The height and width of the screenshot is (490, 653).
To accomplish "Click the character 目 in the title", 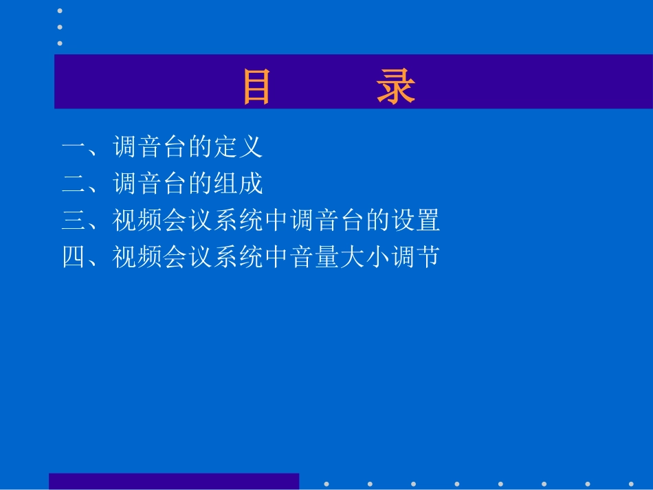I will point(257,88).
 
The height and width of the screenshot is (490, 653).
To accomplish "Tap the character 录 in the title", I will point(396,88).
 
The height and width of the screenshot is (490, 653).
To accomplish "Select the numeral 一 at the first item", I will point(74,147).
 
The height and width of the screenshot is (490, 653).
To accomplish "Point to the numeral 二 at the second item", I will point(74,184).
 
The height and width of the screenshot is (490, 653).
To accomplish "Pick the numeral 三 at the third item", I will point(74,221).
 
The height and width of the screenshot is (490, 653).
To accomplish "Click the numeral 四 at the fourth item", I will point(74,258).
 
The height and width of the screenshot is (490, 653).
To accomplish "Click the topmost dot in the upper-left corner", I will point(60,11).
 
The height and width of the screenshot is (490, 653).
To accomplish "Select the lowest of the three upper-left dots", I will point(60,43).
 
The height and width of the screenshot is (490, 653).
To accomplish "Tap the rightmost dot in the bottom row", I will point(631,484).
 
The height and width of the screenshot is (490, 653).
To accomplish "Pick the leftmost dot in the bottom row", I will point(326,484).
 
